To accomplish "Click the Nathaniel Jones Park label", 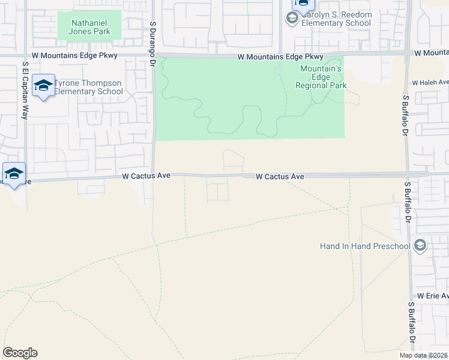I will coord(89,27).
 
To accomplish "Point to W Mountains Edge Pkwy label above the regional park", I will coord(280,57).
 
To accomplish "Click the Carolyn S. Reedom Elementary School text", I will coord(336,19).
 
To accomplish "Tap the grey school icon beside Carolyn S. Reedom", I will coord(292,19).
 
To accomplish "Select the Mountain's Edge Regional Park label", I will coord(321,77).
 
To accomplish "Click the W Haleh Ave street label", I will coord(430,82).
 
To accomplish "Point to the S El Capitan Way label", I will coord(25,90).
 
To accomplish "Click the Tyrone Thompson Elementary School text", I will coord(89,88).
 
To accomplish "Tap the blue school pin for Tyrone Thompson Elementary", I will coord(43,86).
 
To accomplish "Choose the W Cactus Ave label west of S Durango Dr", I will coord(146,176).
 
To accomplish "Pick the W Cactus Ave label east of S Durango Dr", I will coord(280,176).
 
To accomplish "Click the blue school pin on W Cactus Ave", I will coord(14,174).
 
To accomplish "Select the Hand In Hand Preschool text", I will coord(365,246).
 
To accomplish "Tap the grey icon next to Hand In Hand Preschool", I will coord(420,245).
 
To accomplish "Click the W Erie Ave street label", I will coord(433,296).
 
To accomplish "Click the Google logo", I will coord(20,353).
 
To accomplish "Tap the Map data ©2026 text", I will coord(423,355).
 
